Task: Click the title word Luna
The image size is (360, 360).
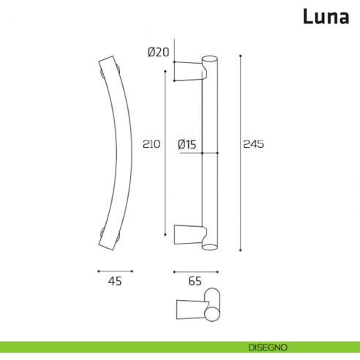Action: coord(326,16)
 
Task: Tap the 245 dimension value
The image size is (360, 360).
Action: coord(252,144)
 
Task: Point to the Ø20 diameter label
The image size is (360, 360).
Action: coord(157,52)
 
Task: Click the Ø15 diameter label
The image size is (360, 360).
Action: coord(187,144)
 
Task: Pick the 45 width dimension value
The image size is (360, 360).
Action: coord(115,280)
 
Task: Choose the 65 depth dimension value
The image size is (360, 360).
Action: coord(195,280)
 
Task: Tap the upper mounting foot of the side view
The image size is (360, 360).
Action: coord(189,72)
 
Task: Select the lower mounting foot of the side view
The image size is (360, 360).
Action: coord(189,236)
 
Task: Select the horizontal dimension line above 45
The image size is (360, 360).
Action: coord(114,271)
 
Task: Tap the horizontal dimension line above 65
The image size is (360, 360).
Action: coord(195,271)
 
